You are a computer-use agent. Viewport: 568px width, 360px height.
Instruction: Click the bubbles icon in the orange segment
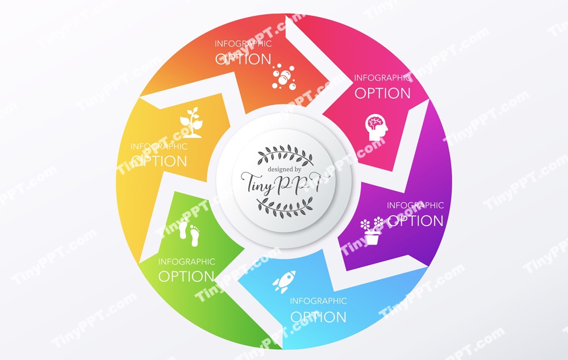(283, 77)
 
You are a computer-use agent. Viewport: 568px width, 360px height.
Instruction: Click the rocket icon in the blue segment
(284, 281)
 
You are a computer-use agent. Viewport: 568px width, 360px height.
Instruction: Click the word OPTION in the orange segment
(243, 58)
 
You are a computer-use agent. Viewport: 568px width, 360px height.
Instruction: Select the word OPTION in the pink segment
(382, 93)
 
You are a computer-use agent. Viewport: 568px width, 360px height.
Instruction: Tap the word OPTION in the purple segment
(415, 220)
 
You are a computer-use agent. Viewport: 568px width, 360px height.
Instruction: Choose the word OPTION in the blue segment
(318, 316)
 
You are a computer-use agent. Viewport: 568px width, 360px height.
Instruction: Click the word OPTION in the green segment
(186, 277)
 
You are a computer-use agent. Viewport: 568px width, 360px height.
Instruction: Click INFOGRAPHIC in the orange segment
(243, 44)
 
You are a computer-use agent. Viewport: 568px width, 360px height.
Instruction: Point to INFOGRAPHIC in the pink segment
(382, 78)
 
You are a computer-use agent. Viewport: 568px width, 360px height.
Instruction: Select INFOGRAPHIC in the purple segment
(415, 205)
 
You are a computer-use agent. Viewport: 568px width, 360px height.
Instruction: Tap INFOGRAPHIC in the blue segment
(318, 301)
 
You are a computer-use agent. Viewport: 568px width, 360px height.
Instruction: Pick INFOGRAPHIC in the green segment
(186, 262)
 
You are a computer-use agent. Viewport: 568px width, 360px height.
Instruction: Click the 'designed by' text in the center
(285, 169)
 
